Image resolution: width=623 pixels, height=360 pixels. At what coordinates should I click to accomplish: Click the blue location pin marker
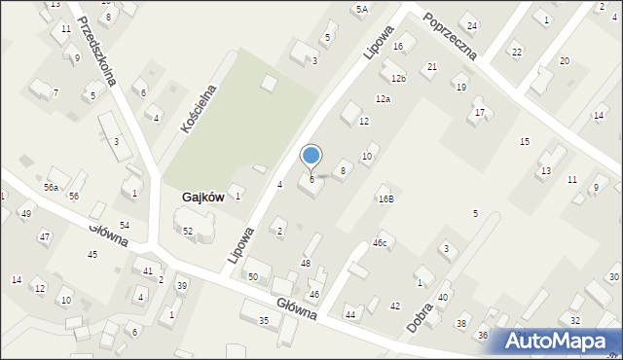(x=311, y=156)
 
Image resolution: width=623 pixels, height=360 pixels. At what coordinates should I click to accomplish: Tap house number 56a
(x=51, y=187)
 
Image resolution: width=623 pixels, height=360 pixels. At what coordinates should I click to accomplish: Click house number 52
(x=188, y=231)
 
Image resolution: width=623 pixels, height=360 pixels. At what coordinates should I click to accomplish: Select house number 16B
(x=385, y=198)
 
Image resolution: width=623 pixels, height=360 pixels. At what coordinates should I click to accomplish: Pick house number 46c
(x=380, y=243)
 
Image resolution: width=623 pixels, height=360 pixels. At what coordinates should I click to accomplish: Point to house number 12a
(x=383, y=99)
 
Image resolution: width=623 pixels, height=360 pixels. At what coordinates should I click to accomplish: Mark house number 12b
(x=397, y=78)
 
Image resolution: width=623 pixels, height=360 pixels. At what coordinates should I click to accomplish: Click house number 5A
(x=361, y=9)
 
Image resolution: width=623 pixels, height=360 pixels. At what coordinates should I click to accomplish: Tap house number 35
(x=263, y=320)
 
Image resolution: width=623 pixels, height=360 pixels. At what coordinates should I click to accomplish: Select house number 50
(x=253, y=277)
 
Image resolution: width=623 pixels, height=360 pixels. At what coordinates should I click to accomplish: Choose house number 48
(x=306, y=264)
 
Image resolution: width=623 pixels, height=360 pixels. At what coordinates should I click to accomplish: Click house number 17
(x=479, y=113)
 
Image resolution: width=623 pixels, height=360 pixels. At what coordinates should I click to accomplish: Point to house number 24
(x=471, y=25)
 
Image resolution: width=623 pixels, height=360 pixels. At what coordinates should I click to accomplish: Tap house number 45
(x=92, y=255)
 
